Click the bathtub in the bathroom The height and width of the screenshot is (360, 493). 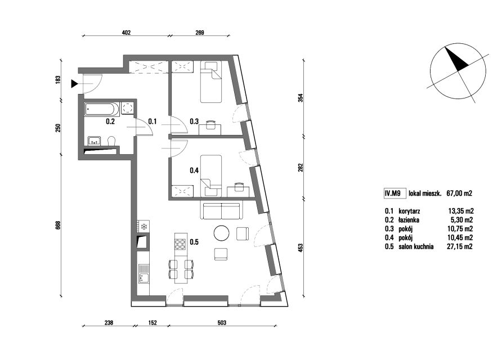point(102,109)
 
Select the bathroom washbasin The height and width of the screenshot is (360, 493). point(94,141)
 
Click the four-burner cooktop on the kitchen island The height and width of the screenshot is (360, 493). point(181,244)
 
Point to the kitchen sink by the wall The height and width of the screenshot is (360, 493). point(144,273)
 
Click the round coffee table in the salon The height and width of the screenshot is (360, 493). point(222,233)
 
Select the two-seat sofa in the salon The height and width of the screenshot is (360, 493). point(222,211)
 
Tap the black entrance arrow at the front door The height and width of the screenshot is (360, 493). point(74,84)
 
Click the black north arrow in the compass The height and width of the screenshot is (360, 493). point(456,58)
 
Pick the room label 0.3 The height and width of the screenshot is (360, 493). point(194,121)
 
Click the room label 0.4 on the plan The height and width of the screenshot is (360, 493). point(194,170)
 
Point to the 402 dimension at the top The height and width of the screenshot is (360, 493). point(126,33)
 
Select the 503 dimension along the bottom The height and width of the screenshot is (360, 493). point(222,323)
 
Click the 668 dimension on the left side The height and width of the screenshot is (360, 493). point(58,226)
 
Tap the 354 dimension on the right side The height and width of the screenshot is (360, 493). point(301,98)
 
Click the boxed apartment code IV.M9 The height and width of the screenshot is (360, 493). point(393,193)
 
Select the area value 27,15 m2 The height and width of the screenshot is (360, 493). point(460,246)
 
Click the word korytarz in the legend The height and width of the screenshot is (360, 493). point(409,211)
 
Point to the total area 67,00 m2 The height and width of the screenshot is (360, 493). point(459,193)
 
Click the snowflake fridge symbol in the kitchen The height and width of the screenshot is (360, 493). point(144,226)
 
